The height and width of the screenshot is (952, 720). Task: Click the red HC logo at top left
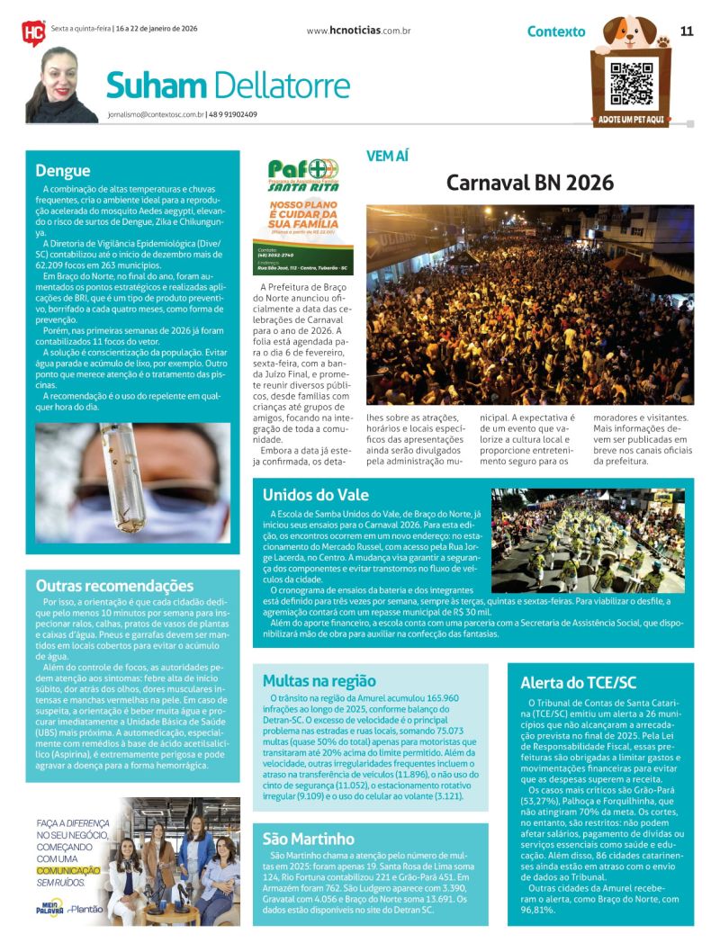(x=33, y=32)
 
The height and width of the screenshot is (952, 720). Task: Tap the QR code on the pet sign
(x=631, y=84)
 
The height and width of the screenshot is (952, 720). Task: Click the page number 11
(x=687, y=31)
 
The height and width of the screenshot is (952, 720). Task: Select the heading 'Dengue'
(x=63, y=170)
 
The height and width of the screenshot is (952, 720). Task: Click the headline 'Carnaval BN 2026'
(x=530, y=183)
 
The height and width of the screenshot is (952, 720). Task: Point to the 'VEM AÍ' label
(x=387, y=156)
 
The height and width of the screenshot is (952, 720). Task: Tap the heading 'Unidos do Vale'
(x=315, y=494)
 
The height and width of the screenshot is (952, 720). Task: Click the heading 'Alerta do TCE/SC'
(x=578, y=682)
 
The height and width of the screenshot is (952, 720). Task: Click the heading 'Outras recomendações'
(x=114, y=586)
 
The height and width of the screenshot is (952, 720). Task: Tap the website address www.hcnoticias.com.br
(x=358, y=31)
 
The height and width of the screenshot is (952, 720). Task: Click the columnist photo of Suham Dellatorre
(x=60, y=85)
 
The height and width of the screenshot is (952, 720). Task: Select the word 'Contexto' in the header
(x=555, y=31)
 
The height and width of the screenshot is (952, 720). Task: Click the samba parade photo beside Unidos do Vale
(x=588, y=540)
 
